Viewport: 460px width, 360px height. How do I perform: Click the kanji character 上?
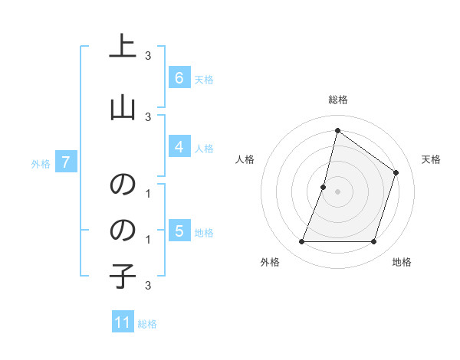pos(123,47)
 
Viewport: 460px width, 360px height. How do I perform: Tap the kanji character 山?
pos(123,106)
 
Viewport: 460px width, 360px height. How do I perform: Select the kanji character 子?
pos(123,277)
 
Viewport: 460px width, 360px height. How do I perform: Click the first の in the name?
pos(123,185)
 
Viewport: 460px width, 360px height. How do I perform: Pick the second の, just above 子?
pos(123,230)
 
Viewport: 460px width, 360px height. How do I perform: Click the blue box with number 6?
pos(179,78)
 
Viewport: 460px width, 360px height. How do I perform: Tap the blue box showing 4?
pos(179,147)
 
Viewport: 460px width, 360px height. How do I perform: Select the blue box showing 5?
pos(179,231)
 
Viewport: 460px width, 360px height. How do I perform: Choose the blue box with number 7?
pos(66,162)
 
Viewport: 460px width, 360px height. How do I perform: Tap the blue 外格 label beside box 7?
pos(41,163)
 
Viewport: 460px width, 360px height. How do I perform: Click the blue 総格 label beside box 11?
pos(147,324)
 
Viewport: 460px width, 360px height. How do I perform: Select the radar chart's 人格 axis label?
pos(245,159)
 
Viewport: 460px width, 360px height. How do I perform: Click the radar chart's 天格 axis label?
pos(431,159)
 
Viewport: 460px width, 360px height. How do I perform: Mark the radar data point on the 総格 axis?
pos(337,131)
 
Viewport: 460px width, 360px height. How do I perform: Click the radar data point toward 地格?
pos(373,242)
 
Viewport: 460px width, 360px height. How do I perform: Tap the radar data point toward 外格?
pos(301,242)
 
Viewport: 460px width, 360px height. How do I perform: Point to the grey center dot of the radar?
pos(337,191)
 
